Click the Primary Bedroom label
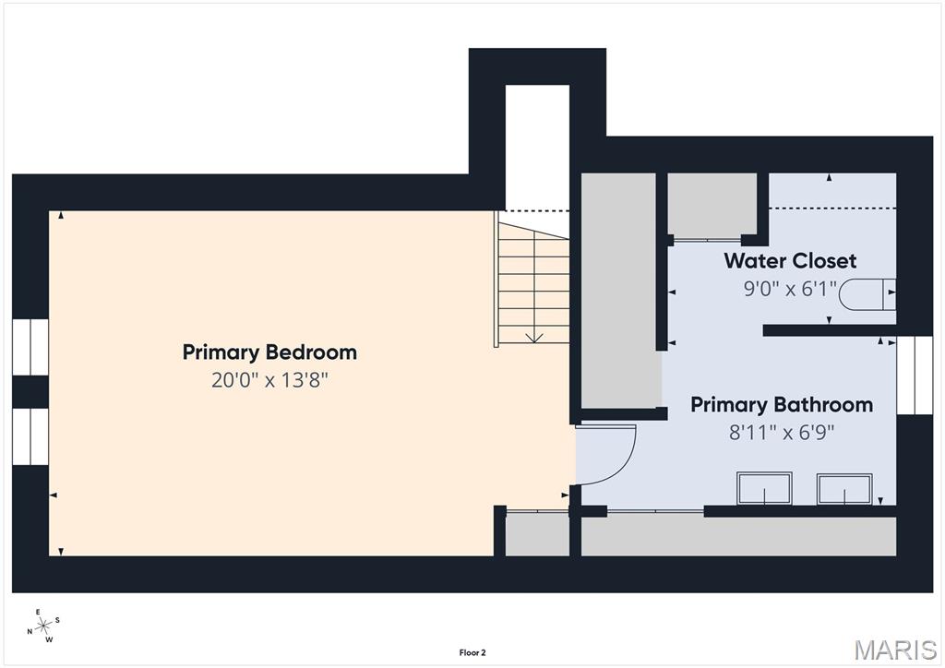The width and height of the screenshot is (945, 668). (x=269, y=352)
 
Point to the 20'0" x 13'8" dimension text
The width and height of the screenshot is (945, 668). (x=269, y=380)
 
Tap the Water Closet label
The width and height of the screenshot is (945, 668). (x=790, y=261)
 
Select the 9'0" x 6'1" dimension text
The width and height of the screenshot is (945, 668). (x=790, y=289)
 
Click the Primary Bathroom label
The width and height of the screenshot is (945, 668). (x=782, y=404)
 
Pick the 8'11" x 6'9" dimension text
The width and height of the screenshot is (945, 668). (x=782, y=433)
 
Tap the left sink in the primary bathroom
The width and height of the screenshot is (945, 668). (x=764, y=488)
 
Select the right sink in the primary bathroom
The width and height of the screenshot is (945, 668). (x=844, y=488)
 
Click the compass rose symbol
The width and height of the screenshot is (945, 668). (x=44, y=626)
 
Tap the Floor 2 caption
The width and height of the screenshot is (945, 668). (x=472, y=652)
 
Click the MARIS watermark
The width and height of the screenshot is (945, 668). (x=895, y=650)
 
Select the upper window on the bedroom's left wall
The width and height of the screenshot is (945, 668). (x=30, y=347)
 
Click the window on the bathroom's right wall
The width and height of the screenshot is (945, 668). (x=915, y=376)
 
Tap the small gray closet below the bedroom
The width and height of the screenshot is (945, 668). (x=537, y=533)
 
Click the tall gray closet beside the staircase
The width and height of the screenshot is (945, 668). (x=618, y=291)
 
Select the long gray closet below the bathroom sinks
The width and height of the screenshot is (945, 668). (x=739, y=536)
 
